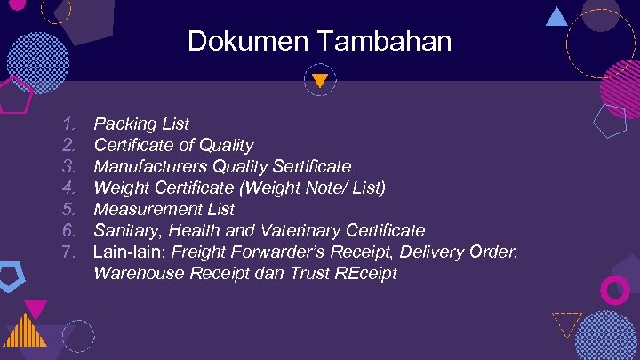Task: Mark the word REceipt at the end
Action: tap(364, 273)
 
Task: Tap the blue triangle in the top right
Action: tap(556, 16)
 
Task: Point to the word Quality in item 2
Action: tap(226, 145)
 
